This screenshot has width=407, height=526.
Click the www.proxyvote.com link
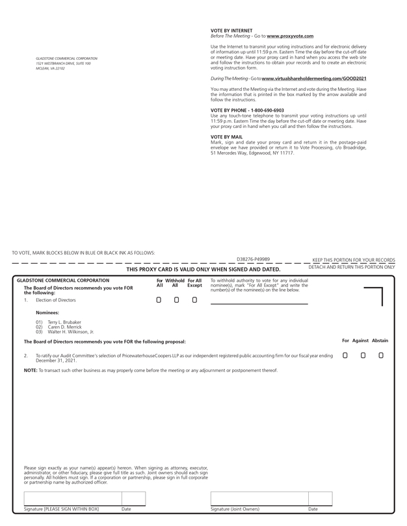(289, 36)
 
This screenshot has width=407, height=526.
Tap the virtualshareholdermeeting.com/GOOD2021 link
(302, 79)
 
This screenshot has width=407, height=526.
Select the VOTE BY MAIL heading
(226, 137)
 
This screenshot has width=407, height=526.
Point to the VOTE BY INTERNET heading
(231, 31)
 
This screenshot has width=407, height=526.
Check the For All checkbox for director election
(159, 300)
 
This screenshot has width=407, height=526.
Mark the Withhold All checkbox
(176, 300)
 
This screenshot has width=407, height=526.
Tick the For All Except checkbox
(194, 300)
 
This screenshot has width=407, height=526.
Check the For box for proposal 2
(345, 355)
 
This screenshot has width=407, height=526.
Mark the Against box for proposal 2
(363, 355)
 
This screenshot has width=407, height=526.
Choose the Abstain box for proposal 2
(381, 355)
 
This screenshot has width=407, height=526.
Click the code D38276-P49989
(254, 259)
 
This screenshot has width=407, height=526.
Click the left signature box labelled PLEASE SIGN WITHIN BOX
(72, 498)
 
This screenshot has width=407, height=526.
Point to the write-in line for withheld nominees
(259, 302)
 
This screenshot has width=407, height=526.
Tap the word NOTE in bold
(30, 370)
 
